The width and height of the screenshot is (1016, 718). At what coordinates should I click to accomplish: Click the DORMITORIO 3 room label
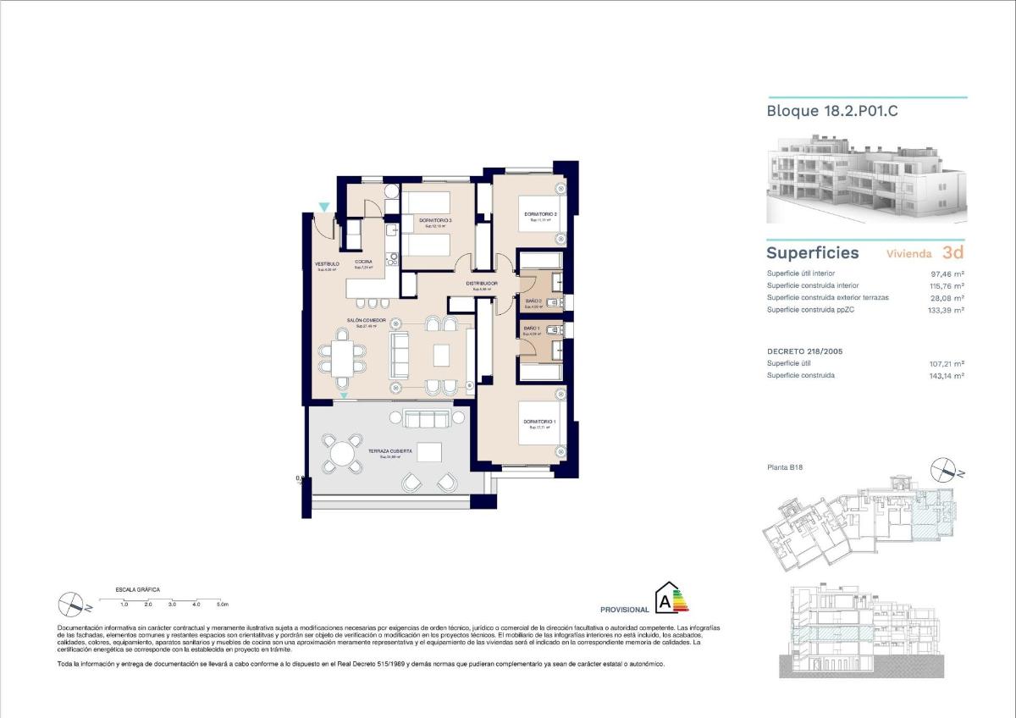(435, 221)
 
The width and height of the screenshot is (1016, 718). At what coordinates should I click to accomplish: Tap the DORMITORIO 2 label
(540, 214)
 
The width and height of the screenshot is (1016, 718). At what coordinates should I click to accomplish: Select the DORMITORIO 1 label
(539, 422)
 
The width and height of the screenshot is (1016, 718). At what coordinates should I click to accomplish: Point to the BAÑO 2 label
(533, 301)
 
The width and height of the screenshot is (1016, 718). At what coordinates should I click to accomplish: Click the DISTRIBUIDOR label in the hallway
(481, 284)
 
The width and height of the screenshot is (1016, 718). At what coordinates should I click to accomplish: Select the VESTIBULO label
(327, 264)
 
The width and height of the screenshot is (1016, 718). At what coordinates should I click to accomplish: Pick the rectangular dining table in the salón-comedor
(343, 357)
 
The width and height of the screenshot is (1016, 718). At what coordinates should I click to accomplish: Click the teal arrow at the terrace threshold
(343, 395)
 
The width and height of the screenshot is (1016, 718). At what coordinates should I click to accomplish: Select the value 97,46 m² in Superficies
(947, 273)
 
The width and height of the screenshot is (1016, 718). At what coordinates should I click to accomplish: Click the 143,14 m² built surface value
(947, 375)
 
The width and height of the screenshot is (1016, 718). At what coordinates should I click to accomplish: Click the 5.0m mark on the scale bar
(222, 605)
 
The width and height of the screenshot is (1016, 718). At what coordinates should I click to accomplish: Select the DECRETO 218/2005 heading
(804, 351)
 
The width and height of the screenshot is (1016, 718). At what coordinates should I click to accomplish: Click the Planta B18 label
(785, 467)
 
